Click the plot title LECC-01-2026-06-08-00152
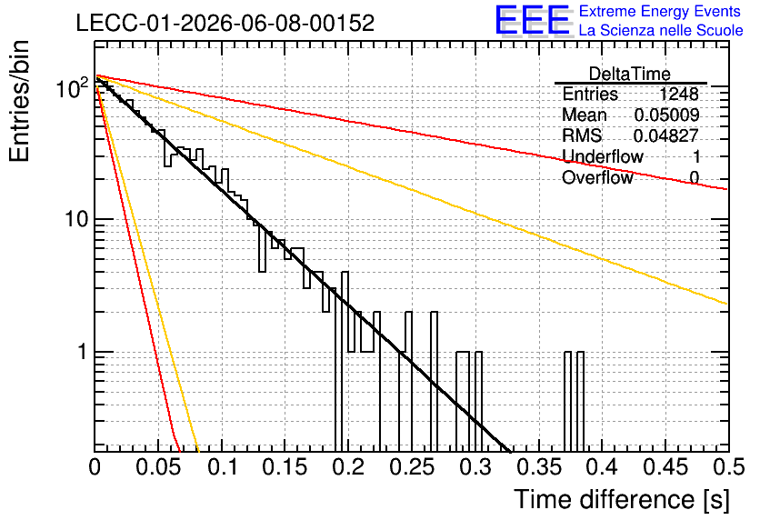coord(225,23)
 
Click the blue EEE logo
coord(532,20)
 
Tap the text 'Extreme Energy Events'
coord(660,11)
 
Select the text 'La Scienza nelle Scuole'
coord(661,30)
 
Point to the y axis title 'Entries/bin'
coord(20,101)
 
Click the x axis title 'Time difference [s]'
coord(622,499)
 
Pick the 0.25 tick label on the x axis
coord(413,467)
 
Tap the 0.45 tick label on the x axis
coord(666,467)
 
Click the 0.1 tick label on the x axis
coord(224,467)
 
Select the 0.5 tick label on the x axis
coord(728,467)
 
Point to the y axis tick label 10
coord(77,219)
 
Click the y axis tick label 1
coord(82,352)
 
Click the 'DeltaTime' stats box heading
coord(630,75)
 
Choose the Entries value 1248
coord(679,94)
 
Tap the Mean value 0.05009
coord(667,115)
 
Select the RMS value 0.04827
coord(666,135)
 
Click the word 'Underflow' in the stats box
coord(603,156)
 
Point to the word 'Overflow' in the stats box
coord(597,178)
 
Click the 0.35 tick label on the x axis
coord(539,467)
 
